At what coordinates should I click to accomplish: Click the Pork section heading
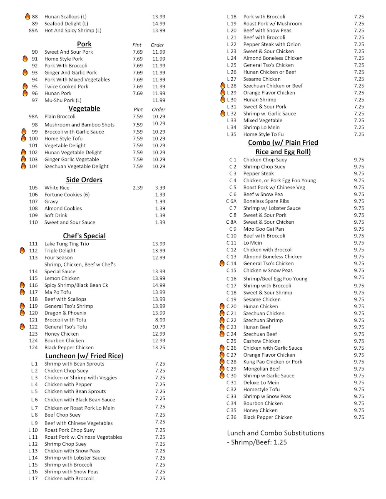click(x=84, y=44)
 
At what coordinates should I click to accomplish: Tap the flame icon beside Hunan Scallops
click(x=27, y=17)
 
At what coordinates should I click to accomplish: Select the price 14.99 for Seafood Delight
click(x=159, y=24)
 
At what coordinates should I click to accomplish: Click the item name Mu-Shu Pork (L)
click(x=63, y=100)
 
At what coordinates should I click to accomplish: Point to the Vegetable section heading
click(x=84, y=109)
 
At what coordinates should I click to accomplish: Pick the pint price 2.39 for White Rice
click(x=137, y=188)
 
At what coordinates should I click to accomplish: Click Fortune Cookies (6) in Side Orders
click(x=67, y=195)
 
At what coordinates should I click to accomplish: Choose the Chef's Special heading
click(x=84, y=236)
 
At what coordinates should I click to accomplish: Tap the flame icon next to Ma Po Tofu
click(x=22, y=292)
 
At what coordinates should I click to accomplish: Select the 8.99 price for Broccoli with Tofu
click(x=159, y=320)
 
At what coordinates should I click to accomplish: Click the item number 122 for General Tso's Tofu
click(x=33, y=327)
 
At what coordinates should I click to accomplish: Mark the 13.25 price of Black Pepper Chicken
click(x=159, y=348)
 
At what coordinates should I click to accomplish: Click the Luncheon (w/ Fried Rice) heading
click(x=84, y=356)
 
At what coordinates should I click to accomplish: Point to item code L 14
click(x=33, y=458)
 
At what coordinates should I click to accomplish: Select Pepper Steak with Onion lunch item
click(x=272, y=44)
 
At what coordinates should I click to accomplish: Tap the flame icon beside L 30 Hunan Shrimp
click(x=222, y=100)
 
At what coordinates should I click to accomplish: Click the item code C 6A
click(x=231, y=201)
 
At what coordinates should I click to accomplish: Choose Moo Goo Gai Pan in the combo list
click(x=264, y=229)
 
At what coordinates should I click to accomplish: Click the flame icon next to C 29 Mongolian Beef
click(x=222, y=369)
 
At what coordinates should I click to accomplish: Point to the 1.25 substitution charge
click(x=280, y=442)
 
